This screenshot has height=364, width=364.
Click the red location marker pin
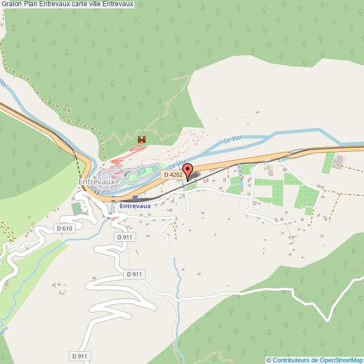click(x=188, y=170)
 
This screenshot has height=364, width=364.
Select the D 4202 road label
click(x=172, y=175)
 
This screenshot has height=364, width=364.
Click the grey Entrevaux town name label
click(x=97, y=182)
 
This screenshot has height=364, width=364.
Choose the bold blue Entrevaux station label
click(x=136, y=206)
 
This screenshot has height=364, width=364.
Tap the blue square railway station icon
click(x=135, y=198)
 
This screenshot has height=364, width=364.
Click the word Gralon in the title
click(x=11, y=4)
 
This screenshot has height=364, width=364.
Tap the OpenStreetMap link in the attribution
click(x=341, y=360)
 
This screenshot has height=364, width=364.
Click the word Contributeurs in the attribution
click(x=291, y=360)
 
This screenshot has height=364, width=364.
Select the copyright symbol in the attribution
click(x=269, y=360)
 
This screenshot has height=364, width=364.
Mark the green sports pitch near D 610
click(x=76, y=209)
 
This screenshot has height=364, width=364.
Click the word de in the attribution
click(x=315, y=360)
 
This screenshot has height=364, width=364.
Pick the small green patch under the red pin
click(x=190, y=186)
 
